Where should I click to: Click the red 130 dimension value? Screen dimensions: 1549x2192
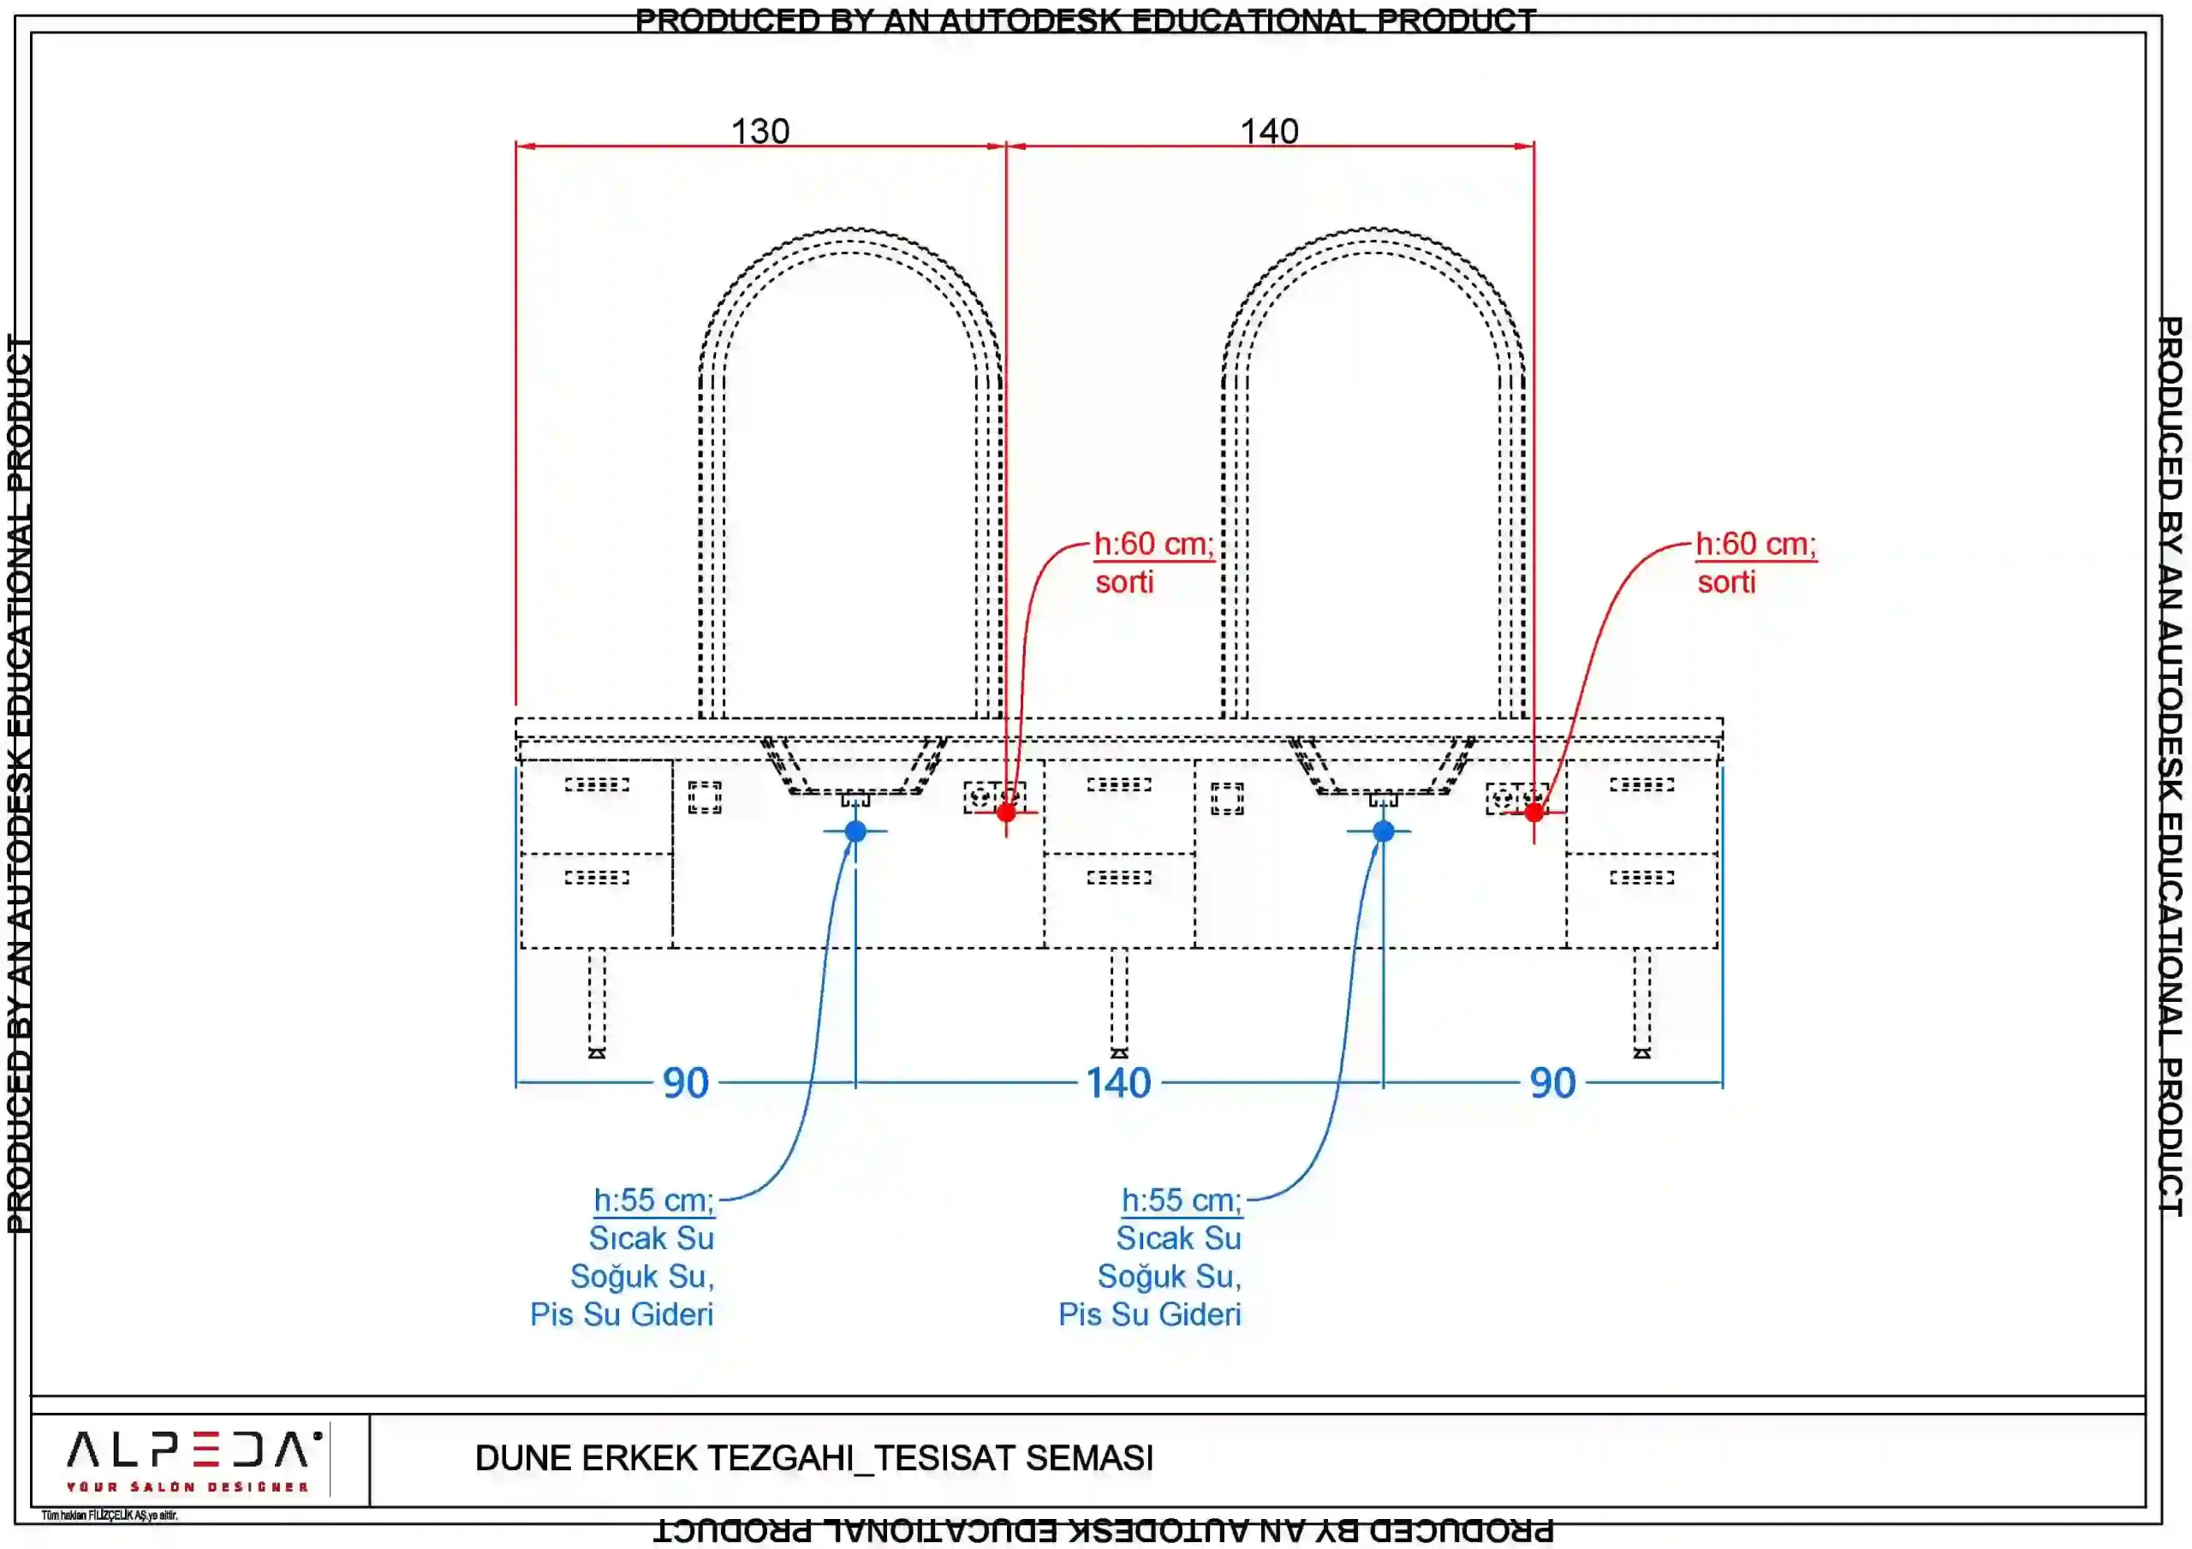coord(760,131)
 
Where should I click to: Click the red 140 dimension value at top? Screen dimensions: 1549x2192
coord(1269,131)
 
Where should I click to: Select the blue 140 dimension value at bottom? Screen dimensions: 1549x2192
coord(1118,1083)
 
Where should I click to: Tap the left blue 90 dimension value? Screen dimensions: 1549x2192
coord(686,1083)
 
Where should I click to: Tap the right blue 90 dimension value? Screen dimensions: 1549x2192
coord(1552,1083)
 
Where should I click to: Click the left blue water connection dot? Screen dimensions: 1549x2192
coord(855,831)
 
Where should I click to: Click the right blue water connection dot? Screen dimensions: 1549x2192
coord(1384,831)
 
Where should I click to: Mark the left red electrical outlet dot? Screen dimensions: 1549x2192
coord(1006,813)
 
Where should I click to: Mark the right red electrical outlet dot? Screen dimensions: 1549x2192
coord(1534,813)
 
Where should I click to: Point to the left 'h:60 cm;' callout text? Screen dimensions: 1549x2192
coord(1153,545)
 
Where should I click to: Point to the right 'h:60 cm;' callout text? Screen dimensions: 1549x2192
coord(1755,545)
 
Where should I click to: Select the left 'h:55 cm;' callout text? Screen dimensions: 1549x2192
coord(654,1200)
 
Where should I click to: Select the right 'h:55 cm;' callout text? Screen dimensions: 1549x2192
coord(1182,1200)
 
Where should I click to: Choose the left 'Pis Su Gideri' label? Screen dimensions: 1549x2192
coord(622,1315)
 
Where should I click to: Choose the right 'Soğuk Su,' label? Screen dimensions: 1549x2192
coord(1170,1277)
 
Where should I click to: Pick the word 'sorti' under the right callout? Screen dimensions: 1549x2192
coord(1726,582)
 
